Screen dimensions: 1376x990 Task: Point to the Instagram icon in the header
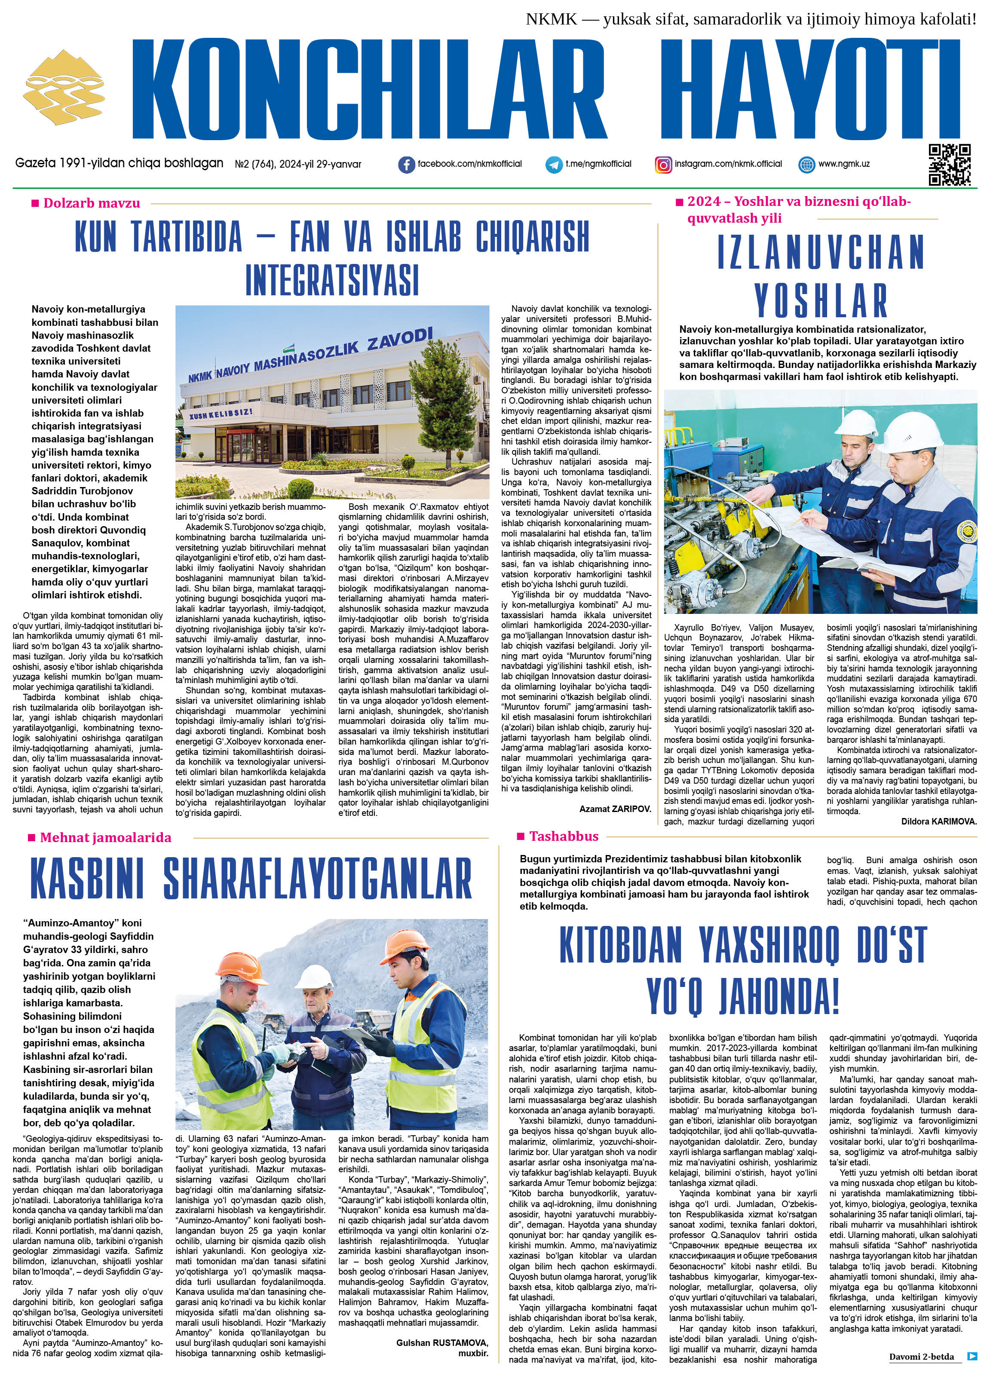[663, 164]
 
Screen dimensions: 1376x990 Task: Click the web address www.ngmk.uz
[844, 164]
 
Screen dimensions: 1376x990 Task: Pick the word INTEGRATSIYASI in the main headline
[332, 279]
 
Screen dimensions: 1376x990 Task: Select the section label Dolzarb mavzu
[91, 203]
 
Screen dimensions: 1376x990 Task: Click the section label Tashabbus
[564, 837]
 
